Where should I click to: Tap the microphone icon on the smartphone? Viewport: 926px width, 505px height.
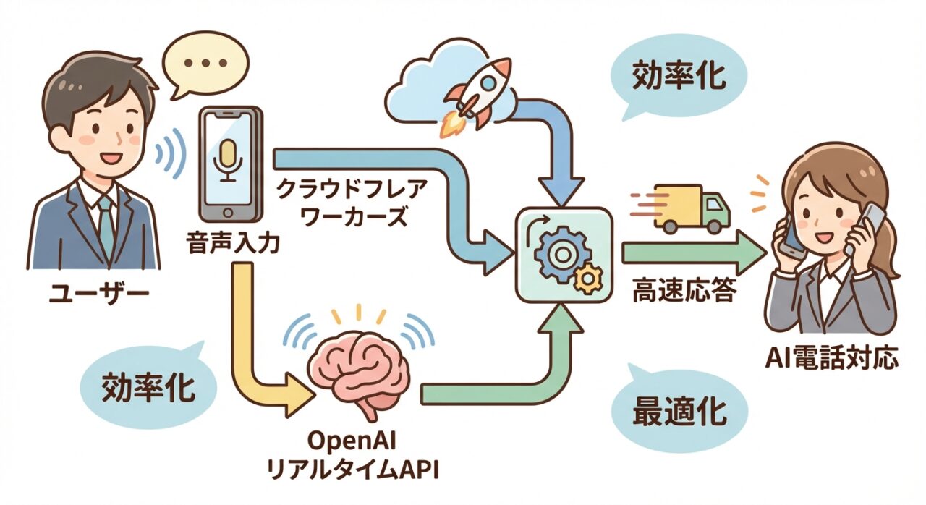(x=228, y=160)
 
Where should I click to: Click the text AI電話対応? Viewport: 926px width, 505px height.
(x=832, y=357)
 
